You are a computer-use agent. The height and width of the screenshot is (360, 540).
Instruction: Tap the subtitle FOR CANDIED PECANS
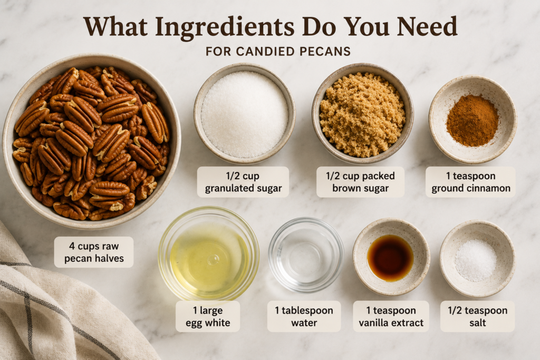point(278,52)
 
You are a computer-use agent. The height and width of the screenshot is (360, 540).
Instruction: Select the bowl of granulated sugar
point(245,113)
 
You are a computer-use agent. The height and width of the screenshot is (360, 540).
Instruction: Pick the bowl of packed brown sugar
point(362,113)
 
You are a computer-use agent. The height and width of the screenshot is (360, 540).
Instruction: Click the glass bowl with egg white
point(209,254)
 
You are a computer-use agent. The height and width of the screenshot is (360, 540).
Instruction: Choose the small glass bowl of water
point(306,255)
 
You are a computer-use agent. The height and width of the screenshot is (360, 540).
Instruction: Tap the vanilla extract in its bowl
point(390,258)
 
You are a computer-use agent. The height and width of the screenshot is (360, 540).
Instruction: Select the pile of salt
point(476,260)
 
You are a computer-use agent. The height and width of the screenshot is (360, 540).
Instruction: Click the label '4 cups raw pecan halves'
point(94,252)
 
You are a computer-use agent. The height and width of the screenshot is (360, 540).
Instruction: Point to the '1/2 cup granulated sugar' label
point(243,182)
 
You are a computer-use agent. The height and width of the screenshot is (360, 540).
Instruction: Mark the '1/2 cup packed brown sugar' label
point(360,182)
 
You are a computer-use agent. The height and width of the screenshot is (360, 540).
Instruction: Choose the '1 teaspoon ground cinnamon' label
point(470,182)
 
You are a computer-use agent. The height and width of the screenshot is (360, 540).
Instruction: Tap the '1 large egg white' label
point(208,317)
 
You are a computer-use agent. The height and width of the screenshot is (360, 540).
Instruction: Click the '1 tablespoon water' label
point(304,317)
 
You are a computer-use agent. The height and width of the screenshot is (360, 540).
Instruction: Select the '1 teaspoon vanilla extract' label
point(391,317)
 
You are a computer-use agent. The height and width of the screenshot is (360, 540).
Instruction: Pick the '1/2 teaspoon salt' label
point(477,317)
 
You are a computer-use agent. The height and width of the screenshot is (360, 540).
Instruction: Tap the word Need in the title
point(427,27)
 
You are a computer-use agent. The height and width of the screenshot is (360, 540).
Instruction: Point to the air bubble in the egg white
point(213,260)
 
